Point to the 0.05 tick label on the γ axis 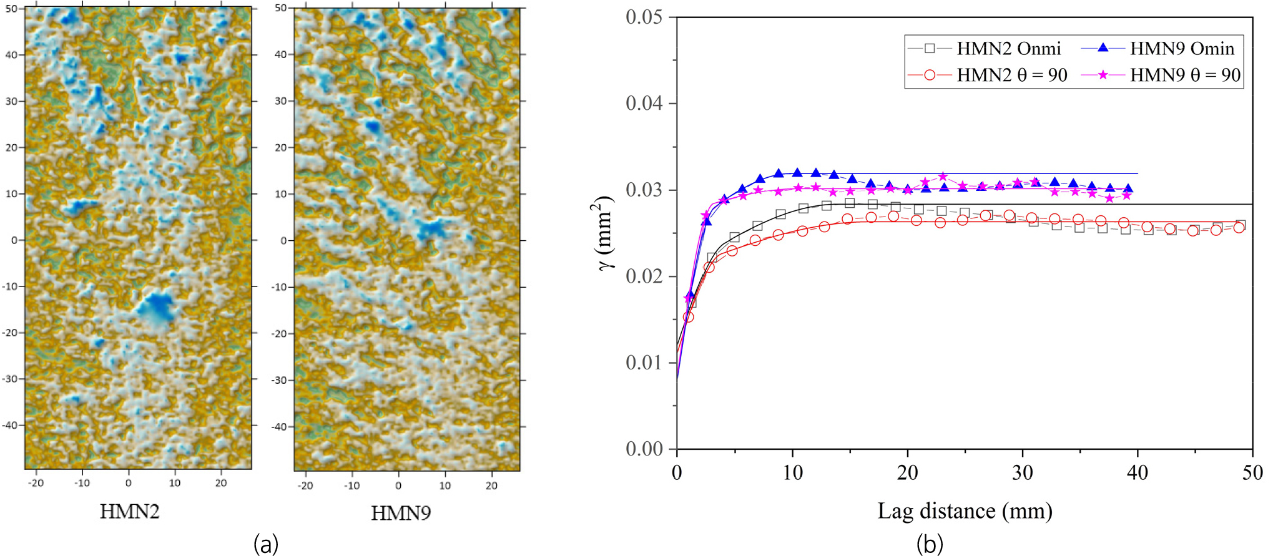pos(644,17)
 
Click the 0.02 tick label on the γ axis pos(644,276)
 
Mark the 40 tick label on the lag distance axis pos(1138,473)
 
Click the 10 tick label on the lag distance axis pos(792,473)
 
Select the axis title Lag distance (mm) pos(965,510)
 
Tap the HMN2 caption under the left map pos(130,512)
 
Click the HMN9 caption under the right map pos(401,513)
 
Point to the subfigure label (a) pos(266,544)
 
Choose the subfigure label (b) pos(930,544)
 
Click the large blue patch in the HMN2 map pos(155,308)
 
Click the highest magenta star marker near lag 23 pos(942,177)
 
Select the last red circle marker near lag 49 pos(1239,228)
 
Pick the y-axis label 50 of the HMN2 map pos(11,9)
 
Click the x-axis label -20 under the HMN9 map pos(305,485)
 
